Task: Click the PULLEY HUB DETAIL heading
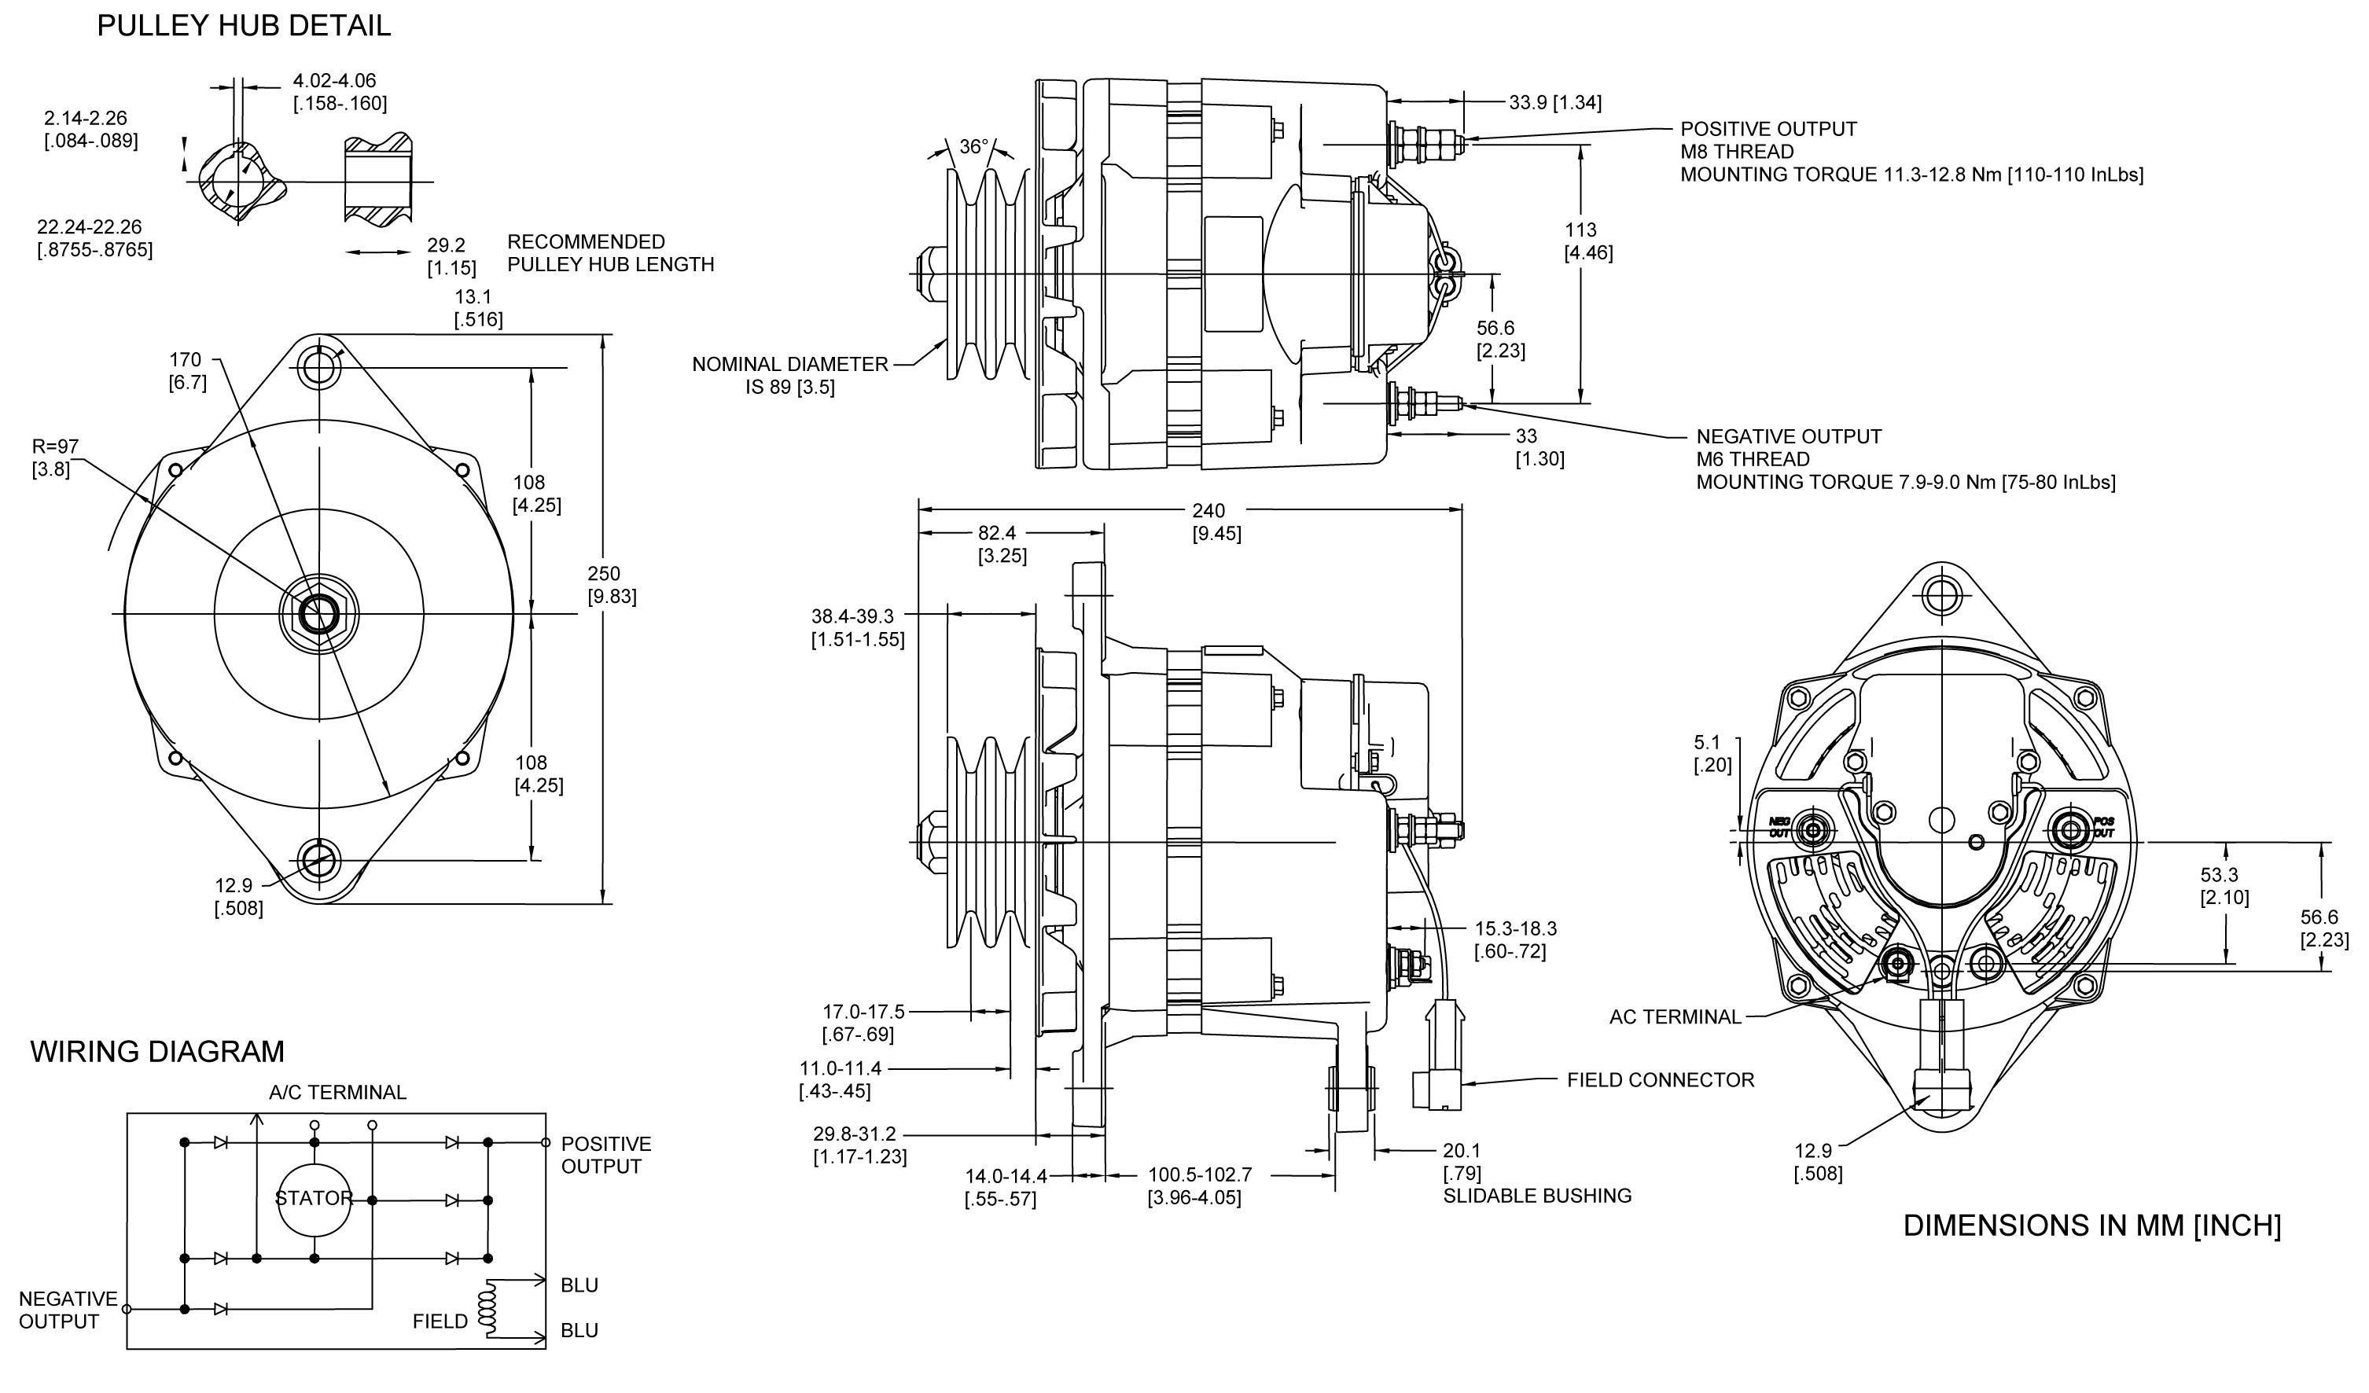[x=244, y=25]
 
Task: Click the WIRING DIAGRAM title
[x=157, y=1050]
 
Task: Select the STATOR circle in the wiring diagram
[x=314, y=1198]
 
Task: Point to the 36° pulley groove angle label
[x=974, y=147]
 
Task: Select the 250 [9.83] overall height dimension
[x=611, y=585]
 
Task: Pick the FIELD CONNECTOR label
[x=1660, y=1080]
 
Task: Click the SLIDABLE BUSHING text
[x=1537, y=1196]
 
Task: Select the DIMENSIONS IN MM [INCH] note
[x=2091, y=1226]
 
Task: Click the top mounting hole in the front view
[x=320, y=368]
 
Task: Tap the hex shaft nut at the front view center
[x=320, y=614]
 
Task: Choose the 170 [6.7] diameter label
[x=186, y=370]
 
